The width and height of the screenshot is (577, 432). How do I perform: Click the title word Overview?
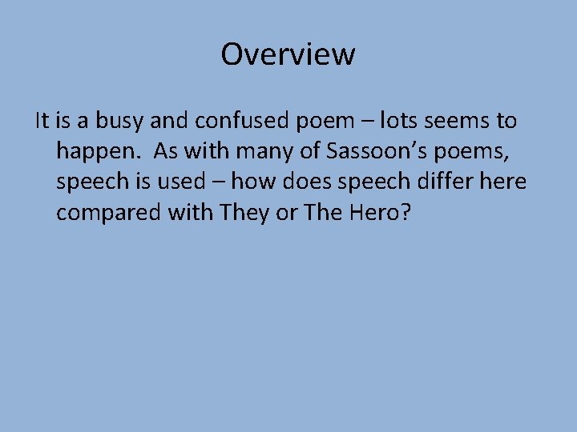(x=288, y=54)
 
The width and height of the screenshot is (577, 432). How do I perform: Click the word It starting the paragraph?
(x=43, y=122)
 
